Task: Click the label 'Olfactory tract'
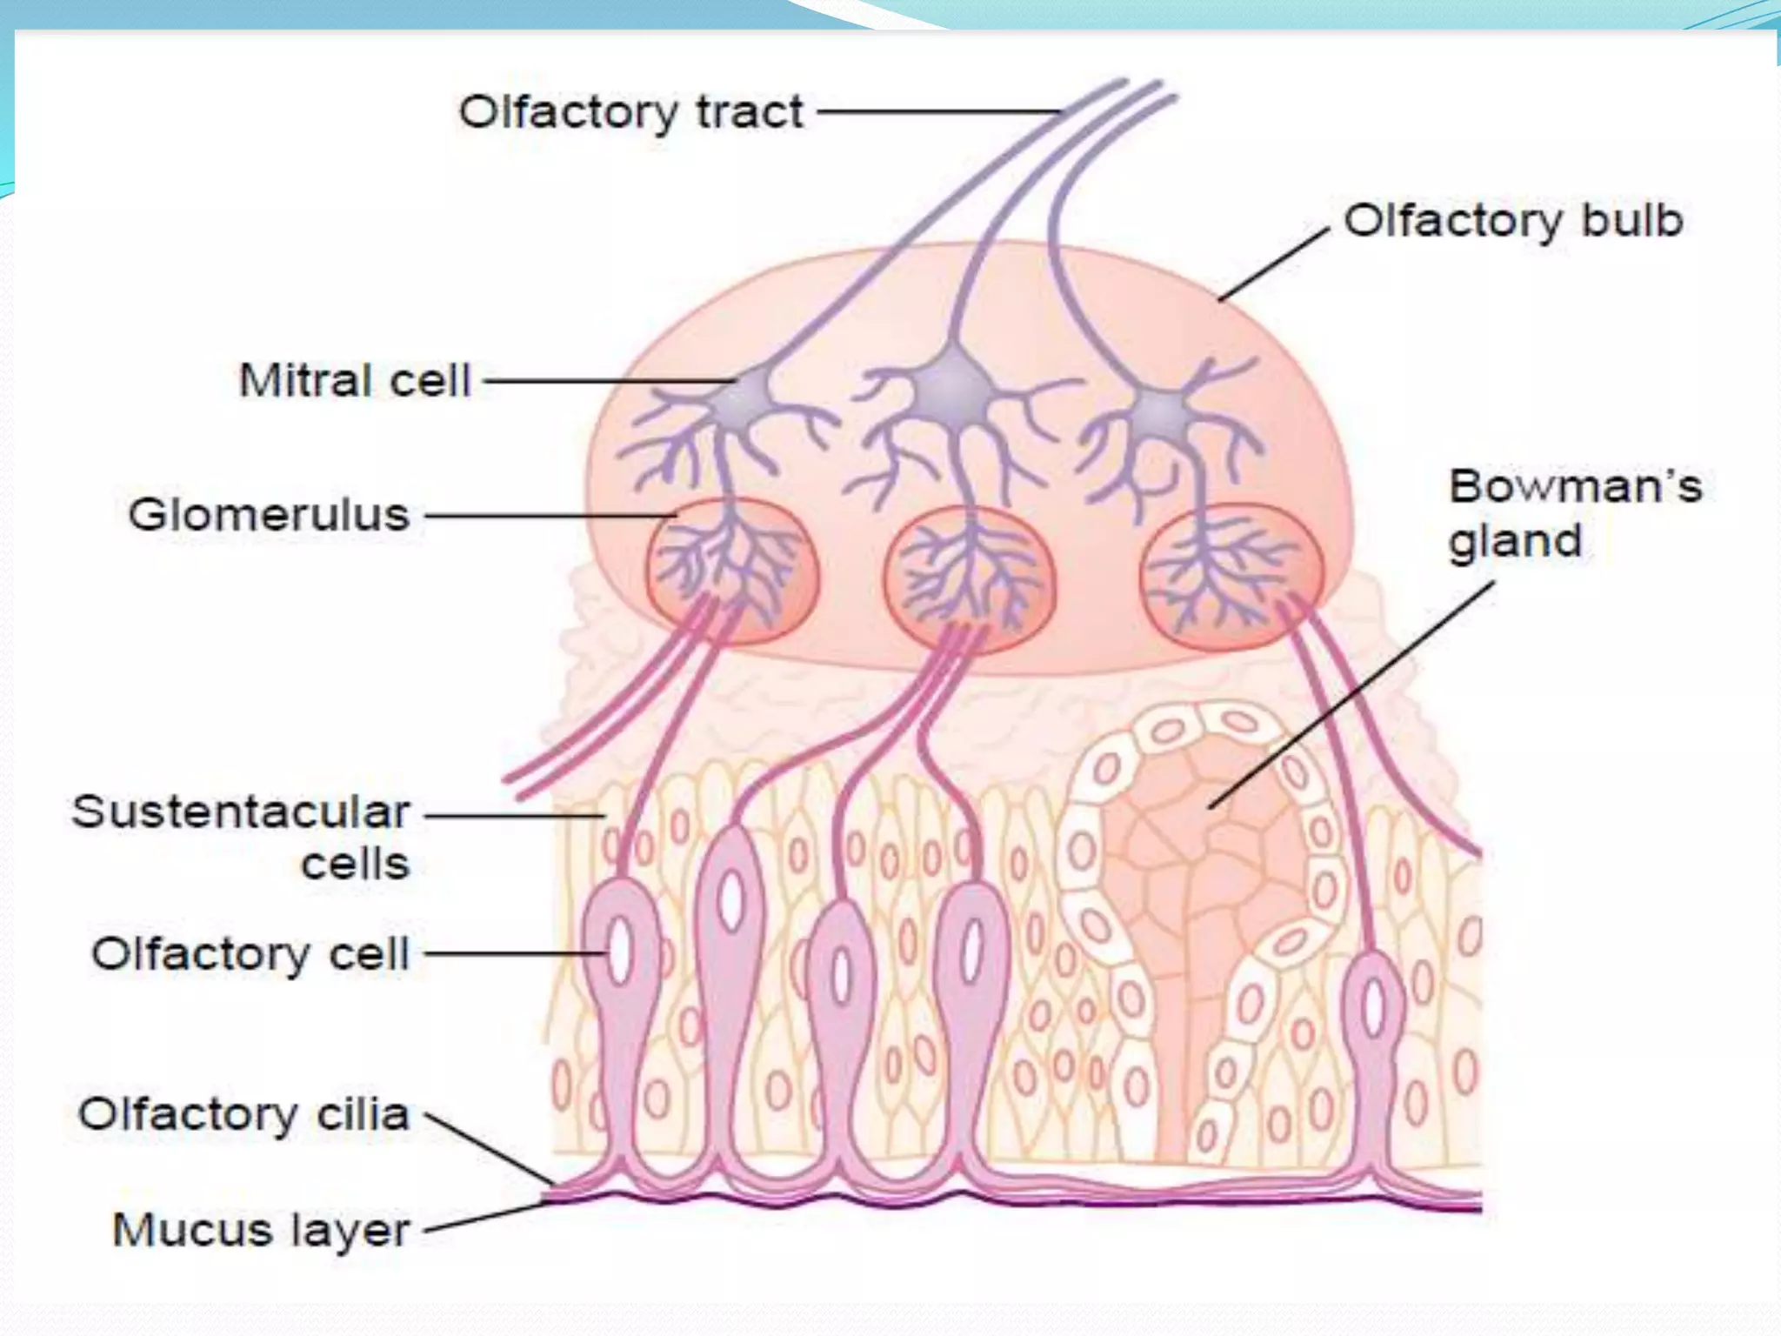click(630, 113)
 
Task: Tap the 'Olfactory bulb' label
click(1513, 221)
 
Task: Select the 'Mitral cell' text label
click(355, 381)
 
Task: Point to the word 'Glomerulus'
click(269, 515)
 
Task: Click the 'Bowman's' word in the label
click(1575, 486)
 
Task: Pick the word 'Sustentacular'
click(241, 812)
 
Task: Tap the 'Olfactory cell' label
click(250, 954)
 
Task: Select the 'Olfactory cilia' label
click(243, 1115)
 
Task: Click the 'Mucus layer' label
click(261, 1230)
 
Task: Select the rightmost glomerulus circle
click(1231, 577)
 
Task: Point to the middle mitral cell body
click(955, 383)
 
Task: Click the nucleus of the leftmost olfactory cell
click(619, 952)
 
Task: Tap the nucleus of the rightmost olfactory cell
click(1373, 1006)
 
